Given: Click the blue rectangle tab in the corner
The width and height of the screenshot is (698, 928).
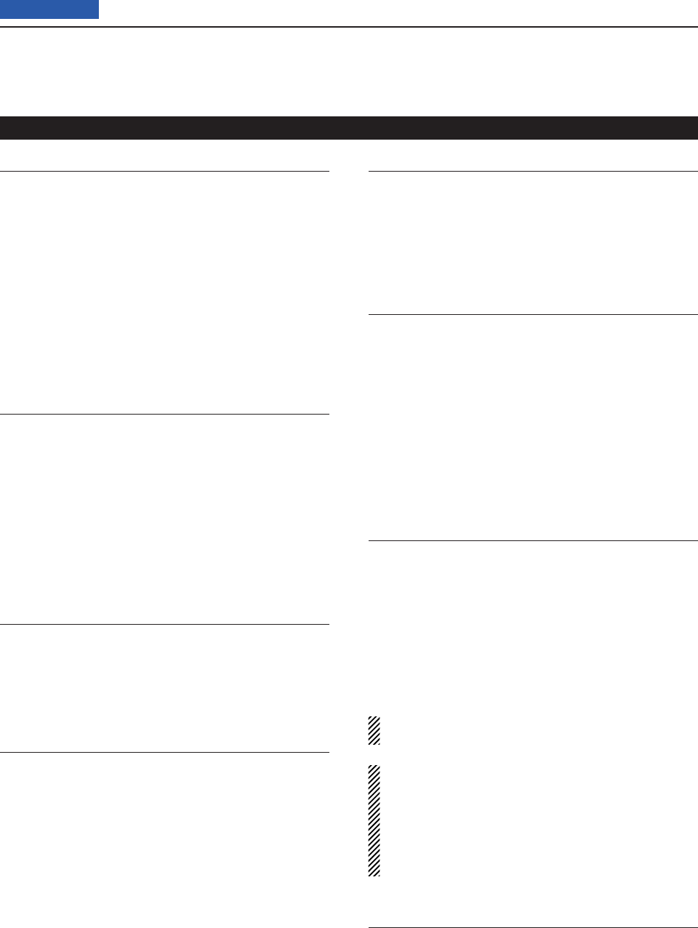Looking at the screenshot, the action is coord(49,9).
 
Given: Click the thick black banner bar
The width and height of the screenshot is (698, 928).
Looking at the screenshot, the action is coord(349,127).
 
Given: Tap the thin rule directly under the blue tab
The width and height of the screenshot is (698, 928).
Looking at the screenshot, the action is coord(349,27).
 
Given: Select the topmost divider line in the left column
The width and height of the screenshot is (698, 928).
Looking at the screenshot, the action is coord(164,172).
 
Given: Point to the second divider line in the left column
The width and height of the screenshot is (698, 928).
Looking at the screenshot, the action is coord(164,415).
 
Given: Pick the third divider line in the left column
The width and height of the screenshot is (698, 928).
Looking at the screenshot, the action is coord(164,624).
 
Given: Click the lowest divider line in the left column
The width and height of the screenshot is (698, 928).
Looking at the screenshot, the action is coord(164,752).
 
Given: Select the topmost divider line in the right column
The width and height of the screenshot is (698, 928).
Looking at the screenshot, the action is coord(533,172).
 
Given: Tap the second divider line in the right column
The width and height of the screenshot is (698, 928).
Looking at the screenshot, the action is coord(533,315).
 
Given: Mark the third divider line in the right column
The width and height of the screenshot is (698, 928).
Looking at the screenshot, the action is coord(533,540).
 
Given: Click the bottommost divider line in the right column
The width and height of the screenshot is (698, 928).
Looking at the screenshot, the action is coord(533,927).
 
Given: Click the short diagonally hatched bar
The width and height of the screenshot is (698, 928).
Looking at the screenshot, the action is coord(374,731).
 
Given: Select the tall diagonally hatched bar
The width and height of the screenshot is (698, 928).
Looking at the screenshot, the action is coord(374,820).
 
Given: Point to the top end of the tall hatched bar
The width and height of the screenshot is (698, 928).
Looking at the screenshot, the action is coord(374,767).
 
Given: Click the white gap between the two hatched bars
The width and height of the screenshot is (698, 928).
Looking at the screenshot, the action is coord(374,755).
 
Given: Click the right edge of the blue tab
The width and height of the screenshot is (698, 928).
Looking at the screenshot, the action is coord(97,9).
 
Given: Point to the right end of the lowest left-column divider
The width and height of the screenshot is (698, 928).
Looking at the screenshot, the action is coord(327,752).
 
